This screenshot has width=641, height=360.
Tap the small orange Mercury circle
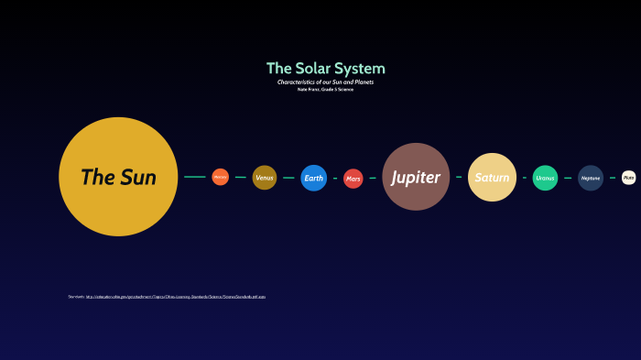(220, 177)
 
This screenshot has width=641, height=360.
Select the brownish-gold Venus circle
(265, 177)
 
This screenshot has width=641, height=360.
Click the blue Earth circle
(314, 178)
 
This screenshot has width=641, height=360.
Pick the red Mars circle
(353, 179)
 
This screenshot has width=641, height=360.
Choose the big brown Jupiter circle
(416, 177)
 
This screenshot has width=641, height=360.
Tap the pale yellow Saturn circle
(492, 177)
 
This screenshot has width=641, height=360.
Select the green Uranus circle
(546, 178)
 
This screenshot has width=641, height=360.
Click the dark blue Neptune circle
(591, 178)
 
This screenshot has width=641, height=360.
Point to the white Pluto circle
(628, 178)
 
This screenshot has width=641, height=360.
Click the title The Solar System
(325, 69)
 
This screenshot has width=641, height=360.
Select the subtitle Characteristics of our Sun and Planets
(325, 82)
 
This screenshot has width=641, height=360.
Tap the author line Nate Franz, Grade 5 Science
(325, 89)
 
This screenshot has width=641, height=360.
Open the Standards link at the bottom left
(175, 297)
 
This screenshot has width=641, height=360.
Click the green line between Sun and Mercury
(194, 177)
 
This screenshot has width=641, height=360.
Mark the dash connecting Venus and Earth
(288, 178)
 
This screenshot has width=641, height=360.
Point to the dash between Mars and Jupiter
(373, 178)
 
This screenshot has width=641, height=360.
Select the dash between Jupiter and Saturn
(459, 177)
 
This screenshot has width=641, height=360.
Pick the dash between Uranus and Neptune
(568, 178)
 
